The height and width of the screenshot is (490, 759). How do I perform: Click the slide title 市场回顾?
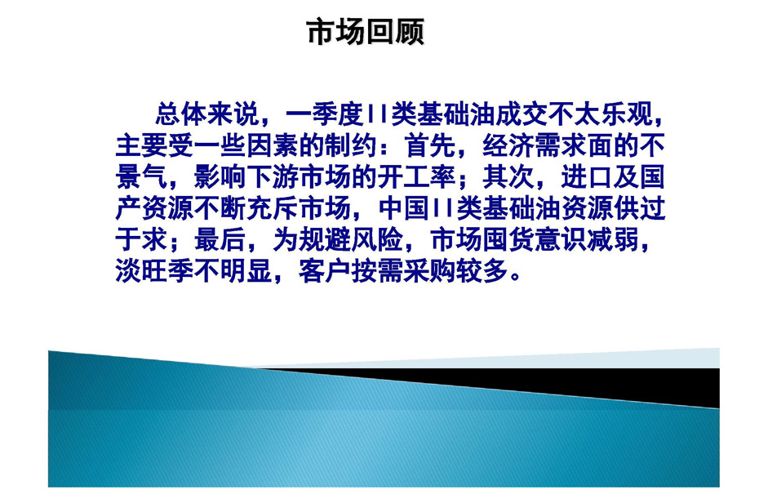(x=366, y=32)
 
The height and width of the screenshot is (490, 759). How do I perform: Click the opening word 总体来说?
(x=206, y=115)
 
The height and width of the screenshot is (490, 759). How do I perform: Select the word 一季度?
(x=325, y=115)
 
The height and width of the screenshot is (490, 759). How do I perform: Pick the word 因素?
(x=273, y=146)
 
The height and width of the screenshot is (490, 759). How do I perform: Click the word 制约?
(x=351, y=146)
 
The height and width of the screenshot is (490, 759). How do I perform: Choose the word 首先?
(x=430, y=146)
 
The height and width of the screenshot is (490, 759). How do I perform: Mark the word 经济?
(x=508, y=146)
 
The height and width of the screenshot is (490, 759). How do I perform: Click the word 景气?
(x=141, y=177)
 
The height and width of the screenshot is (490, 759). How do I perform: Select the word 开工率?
(x=417, y=177)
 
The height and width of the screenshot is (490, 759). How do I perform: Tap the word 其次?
(x=508, y=177)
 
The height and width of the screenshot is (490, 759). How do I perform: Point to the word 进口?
(x=587, y=177)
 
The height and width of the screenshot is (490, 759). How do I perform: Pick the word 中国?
(x=403, y=208)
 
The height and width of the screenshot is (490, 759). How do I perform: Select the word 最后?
(x=220, y=239)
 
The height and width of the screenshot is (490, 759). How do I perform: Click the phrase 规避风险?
(x=351, y=239)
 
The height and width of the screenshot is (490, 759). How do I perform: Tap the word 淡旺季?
(x=154, y=270)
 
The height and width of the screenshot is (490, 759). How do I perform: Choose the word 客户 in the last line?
(x=325, y=270)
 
